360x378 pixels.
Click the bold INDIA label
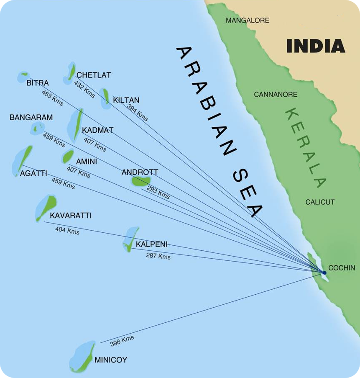point(316,46)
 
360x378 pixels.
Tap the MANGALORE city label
point(247,20)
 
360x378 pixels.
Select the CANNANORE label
point(276,95)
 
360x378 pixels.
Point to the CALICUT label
point(320,202)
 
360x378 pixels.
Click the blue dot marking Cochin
point(324,273)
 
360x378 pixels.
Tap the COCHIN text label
point(342,268)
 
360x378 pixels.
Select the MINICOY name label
point(111,360)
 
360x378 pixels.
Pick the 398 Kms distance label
point(122,341)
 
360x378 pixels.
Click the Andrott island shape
point(140,181)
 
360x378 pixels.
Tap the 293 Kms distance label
point(158,193)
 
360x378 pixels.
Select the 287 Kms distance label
point(158,255)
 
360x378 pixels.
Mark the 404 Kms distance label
point(67,230)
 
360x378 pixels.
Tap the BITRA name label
point(38,83)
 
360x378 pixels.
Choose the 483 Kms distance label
point(52,98)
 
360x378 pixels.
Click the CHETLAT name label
point(94,75)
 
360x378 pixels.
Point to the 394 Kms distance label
point(138,112)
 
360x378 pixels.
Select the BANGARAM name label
point(31,118)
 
